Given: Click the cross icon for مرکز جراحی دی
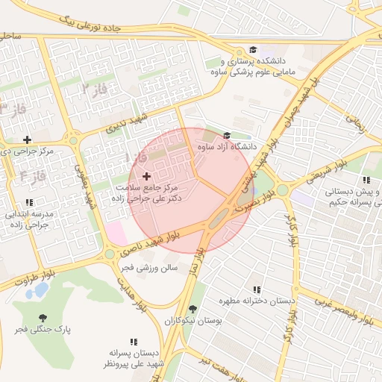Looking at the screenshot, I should tap(28, 140).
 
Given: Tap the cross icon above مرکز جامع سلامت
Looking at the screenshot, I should tap(145, 175).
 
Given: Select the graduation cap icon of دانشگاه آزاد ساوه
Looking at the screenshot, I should tap(227, 136).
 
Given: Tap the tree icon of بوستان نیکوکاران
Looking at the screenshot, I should tap(193, 308).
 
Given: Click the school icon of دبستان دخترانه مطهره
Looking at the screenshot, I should tap(257, 289).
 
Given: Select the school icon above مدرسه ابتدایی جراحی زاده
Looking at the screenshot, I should tap(28, 202).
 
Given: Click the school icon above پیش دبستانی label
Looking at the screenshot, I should tap(366, 181).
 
